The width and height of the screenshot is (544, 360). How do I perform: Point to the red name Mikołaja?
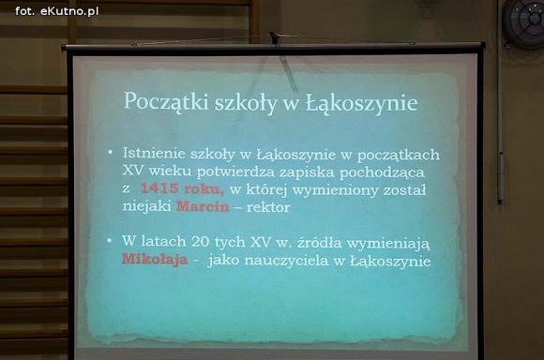coord(153,261)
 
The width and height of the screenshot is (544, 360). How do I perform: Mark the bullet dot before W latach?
coord(111,240)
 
